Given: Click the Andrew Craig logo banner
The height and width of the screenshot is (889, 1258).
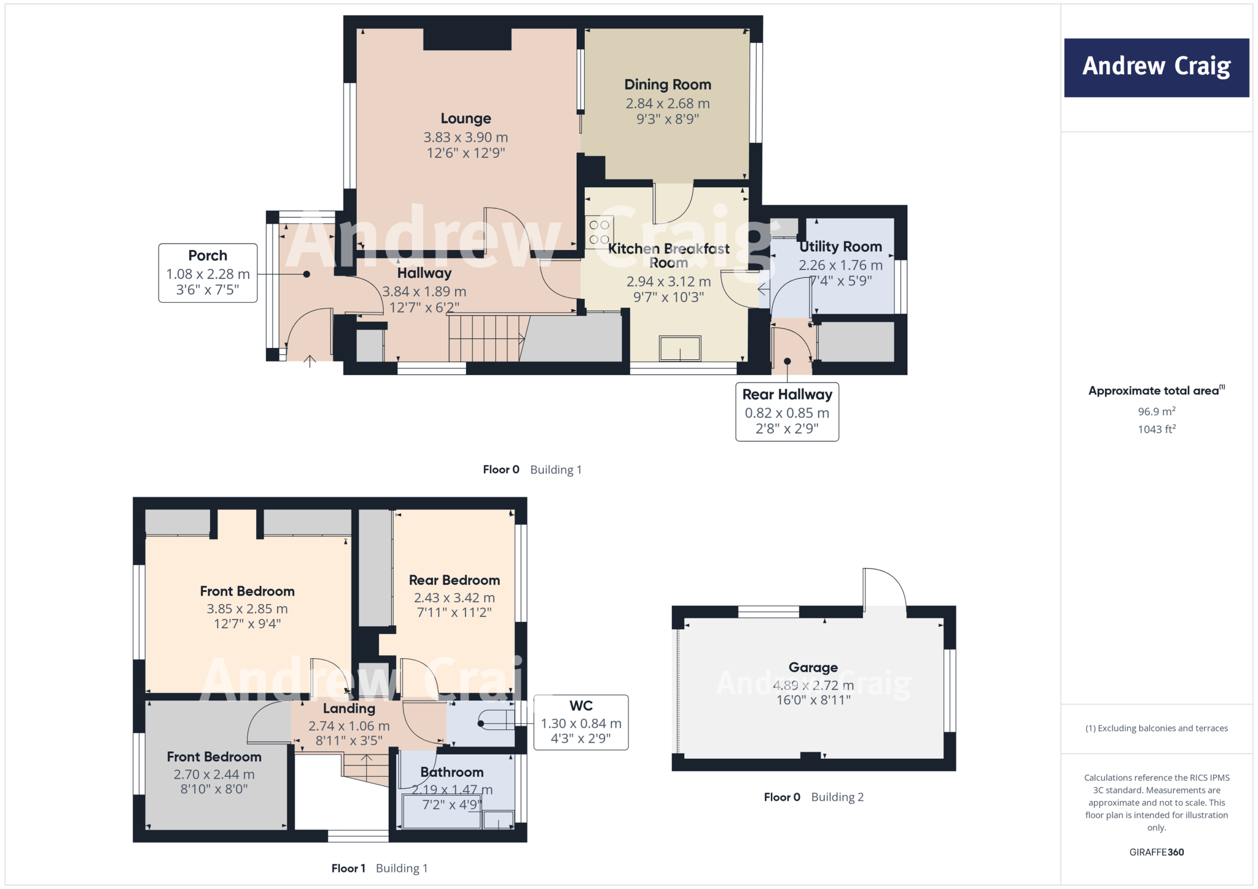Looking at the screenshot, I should coord(1156,68).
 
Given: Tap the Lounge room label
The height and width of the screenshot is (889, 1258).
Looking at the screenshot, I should coord(466,118).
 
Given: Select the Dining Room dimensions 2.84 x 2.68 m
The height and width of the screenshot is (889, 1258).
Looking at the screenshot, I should coord(668,104).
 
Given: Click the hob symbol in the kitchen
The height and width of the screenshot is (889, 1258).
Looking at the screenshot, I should coord(599,233).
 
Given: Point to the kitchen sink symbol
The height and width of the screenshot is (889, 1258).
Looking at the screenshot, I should coord(680,349).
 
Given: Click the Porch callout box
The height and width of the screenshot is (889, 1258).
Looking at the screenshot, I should coord(208,273).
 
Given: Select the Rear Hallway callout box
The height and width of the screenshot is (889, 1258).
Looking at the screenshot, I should coord(787,411).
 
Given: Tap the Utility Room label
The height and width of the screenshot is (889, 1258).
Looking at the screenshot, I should coord(840,247).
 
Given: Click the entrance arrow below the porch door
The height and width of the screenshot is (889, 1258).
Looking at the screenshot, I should coord(310,362).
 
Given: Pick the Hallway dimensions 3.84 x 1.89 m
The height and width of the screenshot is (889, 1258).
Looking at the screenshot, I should coord(424,292).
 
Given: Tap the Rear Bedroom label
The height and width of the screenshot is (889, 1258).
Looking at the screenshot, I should coord(454,580).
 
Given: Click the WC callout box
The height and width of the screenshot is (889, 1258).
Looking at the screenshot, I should coord(580,722).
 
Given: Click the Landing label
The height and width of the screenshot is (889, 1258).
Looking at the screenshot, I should coord(349,708).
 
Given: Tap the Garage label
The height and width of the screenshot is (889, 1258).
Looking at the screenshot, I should coord(813,667).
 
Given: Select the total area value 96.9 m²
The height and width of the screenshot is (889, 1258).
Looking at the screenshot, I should coord(1156,411).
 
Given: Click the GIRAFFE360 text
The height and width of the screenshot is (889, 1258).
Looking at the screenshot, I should coord(1156,852).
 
